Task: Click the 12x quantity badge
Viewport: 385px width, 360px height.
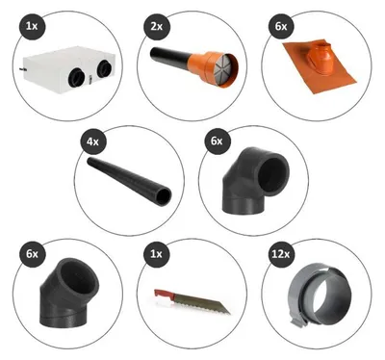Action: tap(281, 254)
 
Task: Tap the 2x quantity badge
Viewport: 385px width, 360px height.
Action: tap(156, 27)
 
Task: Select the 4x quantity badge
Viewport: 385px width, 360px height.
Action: tap(92, 141)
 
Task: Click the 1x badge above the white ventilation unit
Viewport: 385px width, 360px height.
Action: tap(32, 26)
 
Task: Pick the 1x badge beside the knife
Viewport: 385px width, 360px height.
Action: tap(156, 254)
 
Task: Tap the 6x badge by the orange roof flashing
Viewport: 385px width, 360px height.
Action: tap(281, 27)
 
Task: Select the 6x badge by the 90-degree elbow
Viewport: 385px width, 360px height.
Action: tap(218, 141)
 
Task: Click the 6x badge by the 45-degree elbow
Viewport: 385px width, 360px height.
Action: tap(32, 254)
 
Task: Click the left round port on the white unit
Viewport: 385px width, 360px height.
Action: tap(77, 77)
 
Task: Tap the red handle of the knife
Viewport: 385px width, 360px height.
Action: tap(164, 294)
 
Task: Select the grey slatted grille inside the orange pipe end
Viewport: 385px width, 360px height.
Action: tap(225, 70)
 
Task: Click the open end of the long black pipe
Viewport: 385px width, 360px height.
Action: tap(164, 196)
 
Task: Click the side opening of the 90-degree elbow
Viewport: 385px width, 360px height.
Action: tap(273, 174)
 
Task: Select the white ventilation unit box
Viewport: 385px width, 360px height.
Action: tap(68, 69)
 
